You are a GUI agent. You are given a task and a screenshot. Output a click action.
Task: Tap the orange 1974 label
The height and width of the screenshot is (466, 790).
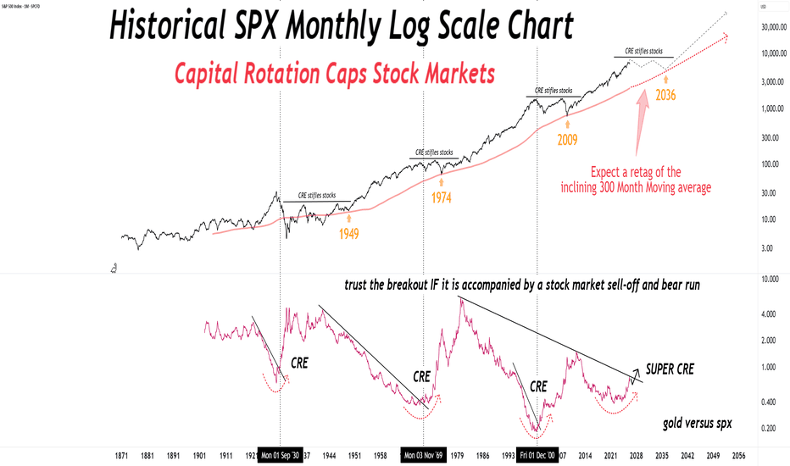[442, 198]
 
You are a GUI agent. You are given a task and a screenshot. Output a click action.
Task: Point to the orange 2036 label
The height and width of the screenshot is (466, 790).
[665, 95]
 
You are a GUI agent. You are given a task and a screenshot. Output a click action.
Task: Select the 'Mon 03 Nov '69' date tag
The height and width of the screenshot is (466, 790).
[424, 454]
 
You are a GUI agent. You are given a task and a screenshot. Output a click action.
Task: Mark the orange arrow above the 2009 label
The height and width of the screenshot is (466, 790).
[565, 125]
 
